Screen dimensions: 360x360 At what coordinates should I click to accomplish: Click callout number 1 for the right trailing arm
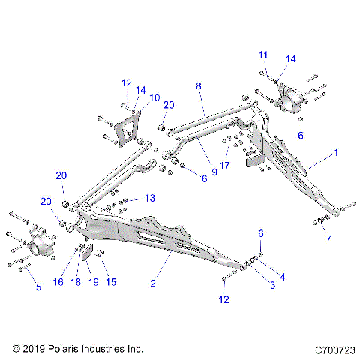coord(336,152)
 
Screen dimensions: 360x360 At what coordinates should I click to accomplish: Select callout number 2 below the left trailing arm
coord(153,283)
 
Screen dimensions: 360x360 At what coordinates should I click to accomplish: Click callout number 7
coord(326,239)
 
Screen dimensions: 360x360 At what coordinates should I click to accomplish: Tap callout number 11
coord(263,55)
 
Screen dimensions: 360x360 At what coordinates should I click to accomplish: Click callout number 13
coord(150,198)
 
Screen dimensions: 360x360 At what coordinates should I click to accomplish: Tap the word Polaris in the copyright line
coord(66,349)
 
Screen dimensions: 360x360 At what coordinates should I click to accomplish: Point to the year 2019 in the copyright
coord(34,349)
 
